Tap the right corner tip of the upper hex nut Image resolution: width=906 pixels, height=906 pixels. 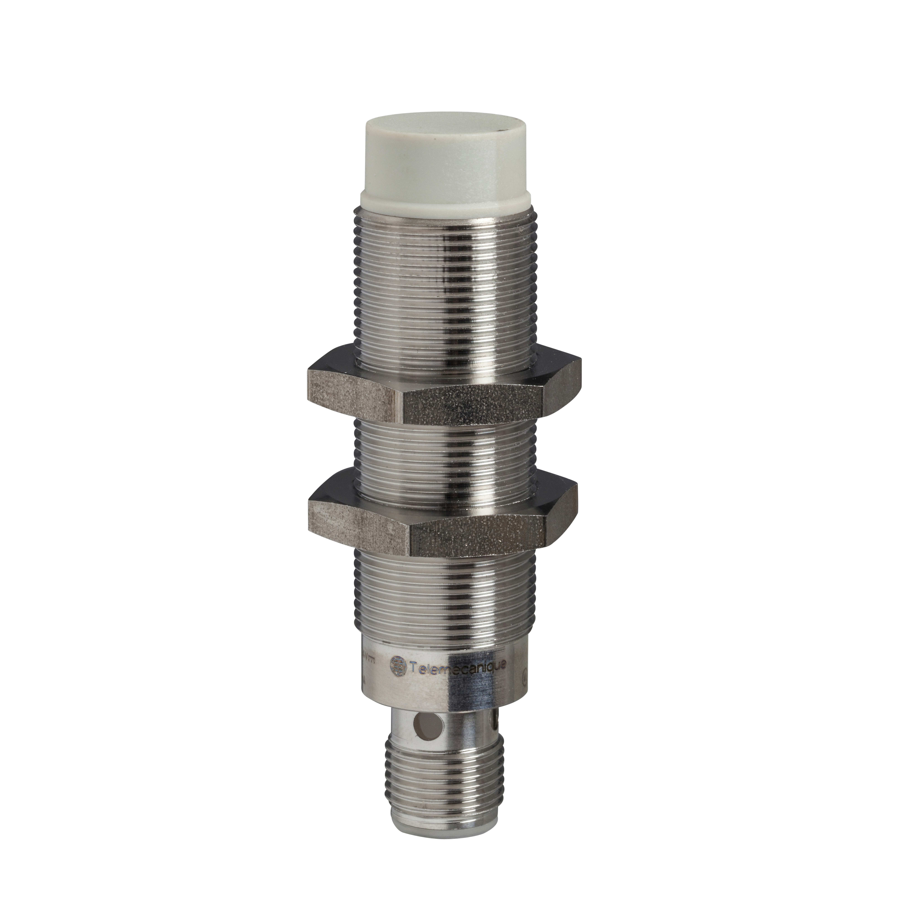pyautogui.click(x=581, y=373)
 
